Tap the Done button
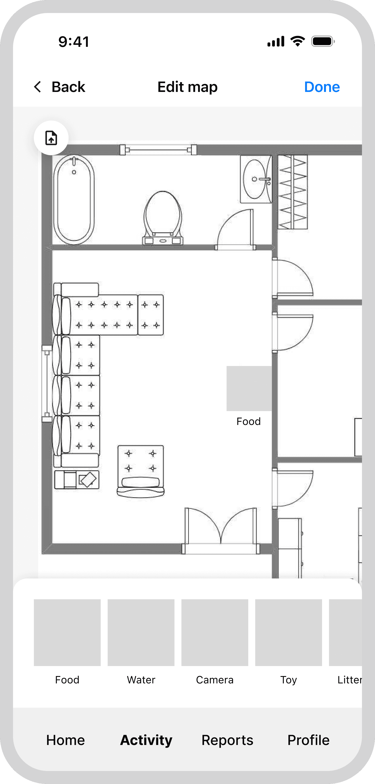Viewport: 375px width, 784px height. pos(322,87)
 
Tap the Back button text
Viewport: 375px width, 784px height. pos(68,87)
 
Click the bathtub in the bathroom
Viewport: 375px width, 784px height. pos(74,200)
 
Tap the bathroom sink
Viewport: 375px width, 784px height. pos(256,179)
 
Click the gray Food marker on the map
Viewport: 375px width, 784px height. pos(249,388)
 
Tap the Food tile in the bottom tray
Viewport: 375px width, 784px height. pos(67,632)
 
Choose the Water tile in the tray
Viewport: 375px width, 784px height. pos(141,632)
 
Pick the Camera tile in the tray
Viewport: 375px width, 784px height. pos(215,632)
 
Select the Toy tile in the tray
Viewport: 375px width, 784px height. pos(288,632)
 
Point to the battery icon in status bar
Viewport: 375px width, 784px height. pos(323,41)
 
